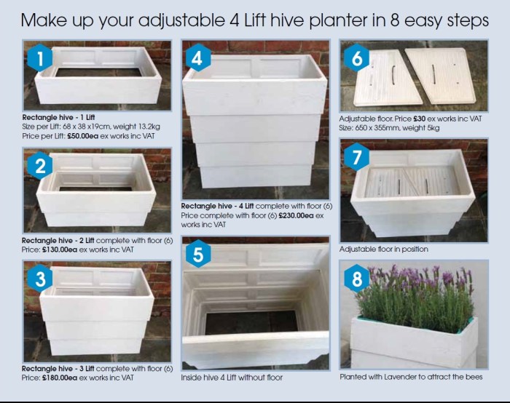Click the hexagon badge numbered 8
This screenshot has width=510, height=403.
click(357, 280)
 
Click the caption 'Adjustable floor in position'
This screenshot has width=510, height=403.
click(383, 249)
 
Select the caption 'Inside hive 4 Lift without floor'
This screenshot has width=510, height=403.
click(231, 378)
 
